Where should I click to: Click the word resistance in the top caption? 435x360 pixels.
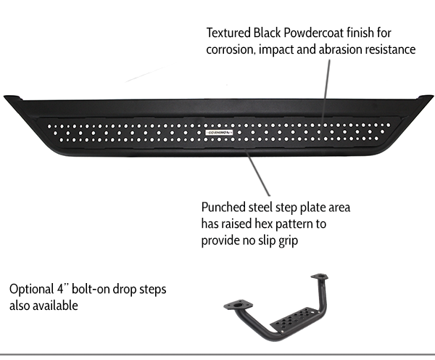pos(391,51)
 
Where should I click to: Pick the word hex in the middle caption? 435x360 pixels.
pos(268,225)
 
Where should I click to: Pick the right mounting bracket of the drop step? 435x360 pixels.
pos(320,279)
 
